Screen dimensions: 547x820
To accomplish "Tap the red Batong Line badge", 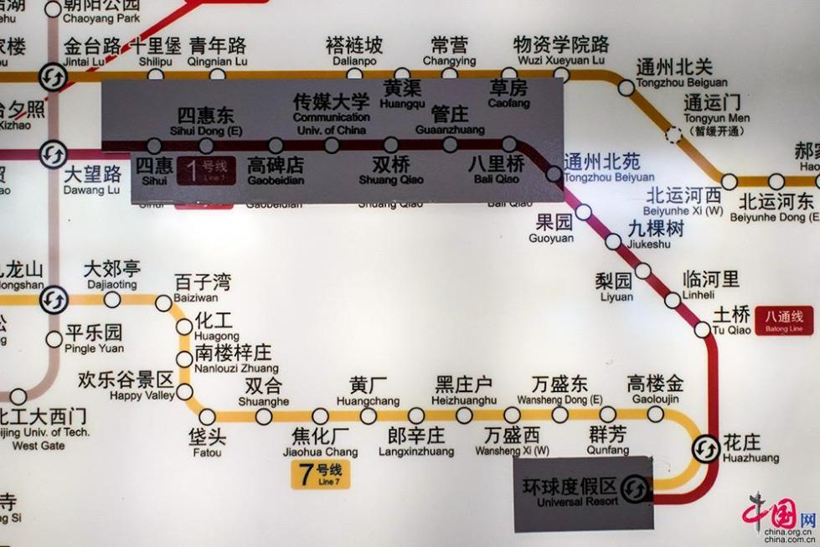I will [x=784, y=319].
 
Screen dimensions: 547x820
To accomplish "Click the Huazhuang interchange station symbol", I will [x=705, y=449].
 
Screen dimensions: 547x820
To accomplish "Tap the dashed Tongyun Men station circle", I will [x=673, y=134].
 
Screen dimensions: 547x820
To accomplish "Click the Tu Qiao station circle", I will [x=702, y=329].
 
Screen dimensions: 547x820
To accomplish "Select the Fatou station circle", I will [x=207, y=416].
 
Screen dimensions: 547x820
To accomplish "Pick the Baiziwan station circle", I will [x=163, y=302].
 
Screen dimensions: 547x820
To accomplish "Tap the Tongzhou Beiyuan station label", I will [x=608, y=168].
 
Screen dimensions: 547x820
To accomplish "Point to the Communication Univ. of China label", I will [x=331, y=116].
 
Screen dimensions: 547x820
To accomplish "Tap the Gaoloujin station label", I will [x=655, y=391].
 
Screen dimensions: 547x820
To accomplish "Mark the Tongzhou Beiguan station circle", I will [x=627, y=87].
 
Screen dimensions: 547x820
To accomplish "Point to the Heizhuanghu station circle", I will [x=464, y=415].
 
